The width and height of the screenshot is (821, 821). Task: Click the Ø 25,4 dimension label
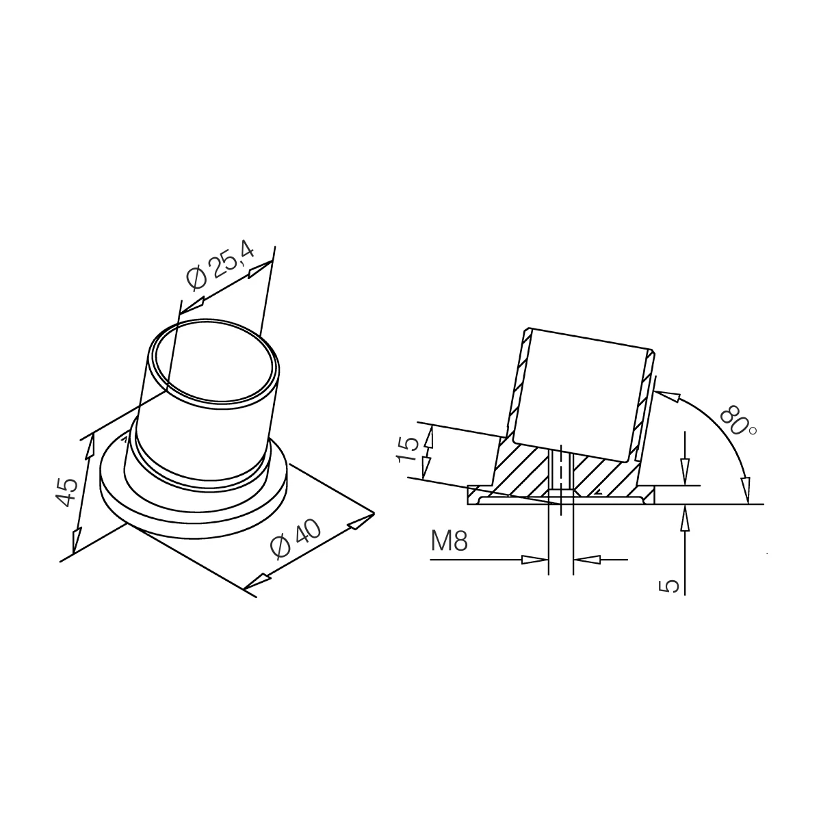[x=220, y=266]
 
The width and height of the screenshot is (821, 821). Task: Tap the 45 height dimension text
[x=68, y=493]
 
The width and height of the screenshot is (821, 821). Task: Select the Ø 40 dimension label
[x=296, y=538]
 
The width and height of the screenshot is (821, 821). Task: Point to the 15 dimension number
[x=407, y=449]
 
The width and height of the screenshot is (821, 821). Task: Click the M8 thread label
[x=449, y=540]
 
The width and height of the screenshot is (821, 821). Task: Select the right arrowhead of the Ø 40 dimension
[x=361, y=521]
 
